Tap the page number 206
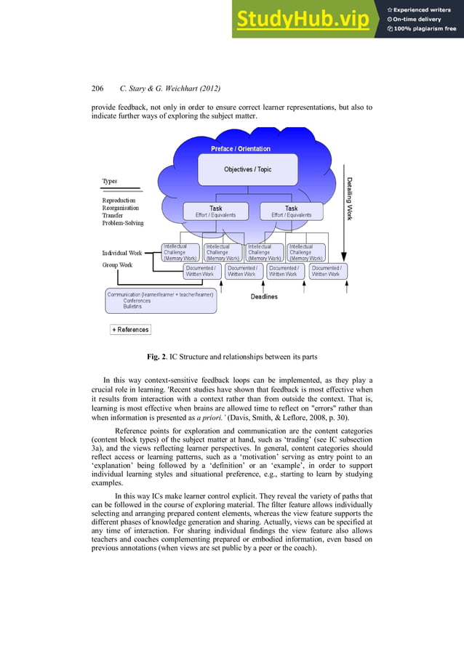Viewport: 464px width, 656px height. tap(98, 89)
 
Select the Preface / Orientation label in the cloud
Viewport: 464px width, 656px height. tap(240, 149)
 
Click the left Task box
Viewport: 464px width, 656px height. tap(216, 211)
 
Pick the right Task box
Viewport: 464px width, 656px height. tap(291, 211)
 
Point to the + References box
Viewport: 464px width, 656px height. tap(130, 330)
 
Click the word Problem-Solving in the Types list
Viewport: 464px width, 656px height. tap(123, 224)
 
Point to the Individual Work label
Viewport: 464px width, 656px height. tap(122, 253)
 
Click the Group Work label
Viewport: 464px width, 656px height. tap(117, 265)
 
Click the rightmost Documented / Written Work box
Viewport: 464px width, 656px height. tap(326, 271)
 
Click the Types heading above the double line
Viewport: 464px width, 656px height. tap(110, 181)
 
